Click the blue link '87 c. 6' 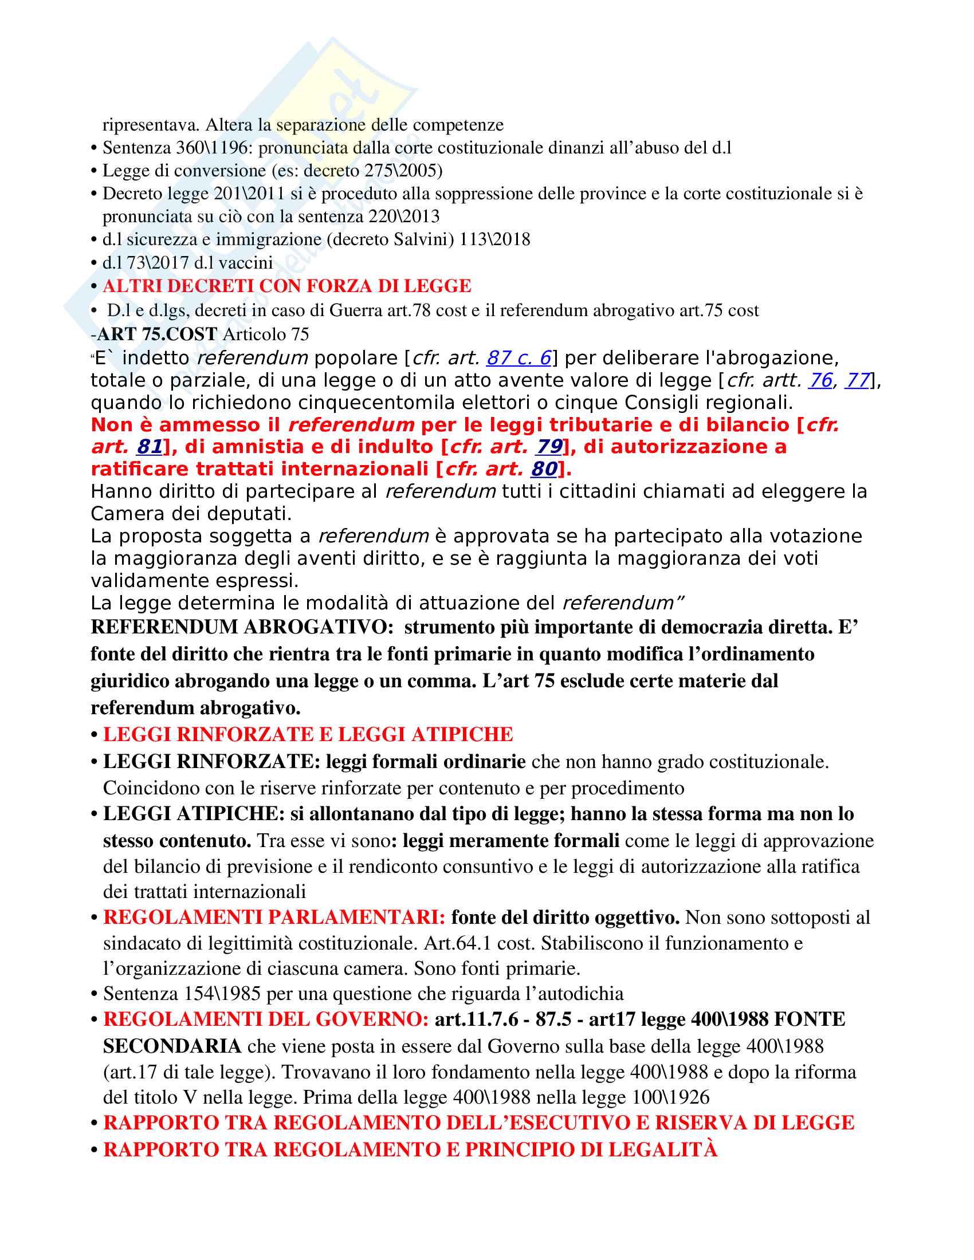click(x=519, y=359)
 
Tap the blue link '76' click(x=820, y=381)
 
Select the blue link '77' click(x=857, y=381)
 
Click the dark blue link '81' click(x=149, y=447)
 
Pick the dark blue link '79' click(x=549, y=447)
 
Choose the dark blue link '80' click(x=544, y=469)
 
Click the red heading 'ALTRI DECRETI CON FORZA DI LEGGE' click(x=287, y=286)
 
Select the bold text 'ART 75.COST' click(x=157, y=334)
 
